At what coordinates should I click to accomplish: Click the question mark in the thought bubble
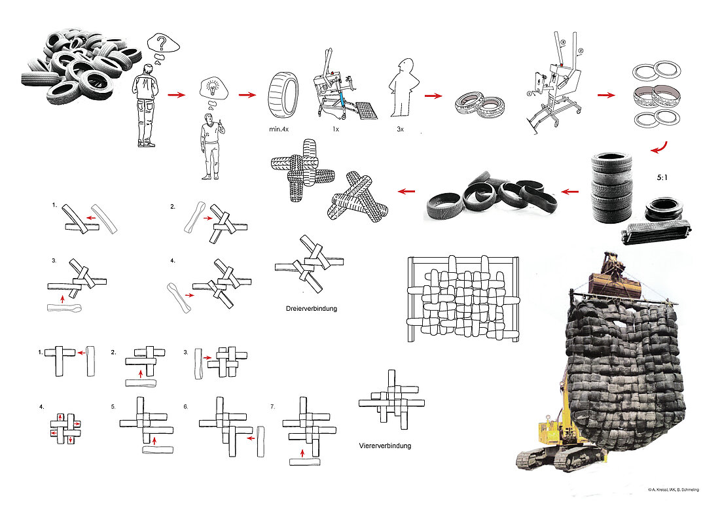pos(162,44)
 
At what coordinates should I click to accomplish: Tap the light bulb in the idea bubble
pos(213,86)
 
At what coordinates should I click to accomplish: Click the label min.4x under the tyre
pos(279,130)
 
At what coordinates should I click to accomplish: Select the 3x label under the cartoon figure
pos(400,130)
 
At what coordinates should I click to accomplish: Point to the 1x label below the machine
pos(336,130)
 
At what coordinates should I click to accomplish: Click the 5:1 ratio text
pos(662,177)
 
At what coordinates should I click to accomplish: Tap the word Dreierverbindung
pos(312,308)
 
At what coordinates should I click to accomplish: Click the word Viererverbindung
pos(385,445)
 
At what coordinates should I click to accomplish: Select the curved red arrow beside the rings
pos(659,149)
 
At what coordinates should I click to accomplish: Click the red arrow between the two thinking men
pos(176,95)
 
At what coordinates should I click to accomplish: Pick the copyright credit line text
pos(673,490)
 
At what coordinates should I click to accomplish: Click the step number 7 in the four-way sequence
pos(273,407)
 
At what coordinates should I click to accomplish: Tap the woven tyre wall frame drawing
pos(464,299)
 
